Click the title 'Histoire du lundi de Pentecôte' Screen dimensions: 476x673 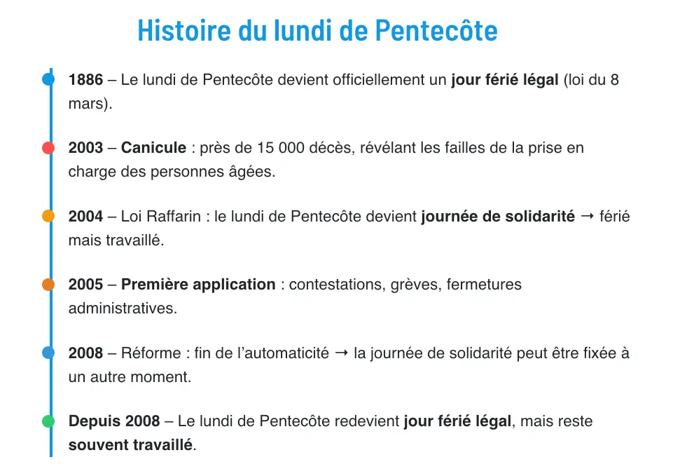[317, 31]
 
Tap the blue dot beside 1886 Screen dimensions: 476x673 [48, 80]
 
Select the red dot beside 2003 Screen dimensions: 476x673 [48, 148]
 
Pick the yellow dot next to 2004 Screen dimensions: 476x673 [48, 217]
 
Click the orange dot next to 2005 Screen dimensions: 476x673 [48, 285]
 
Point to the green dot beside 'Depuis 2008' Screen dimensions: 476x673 [48, 421]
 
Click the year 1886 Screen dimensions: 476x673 [85, 80]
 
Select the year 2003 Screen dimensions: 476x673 [85, 148]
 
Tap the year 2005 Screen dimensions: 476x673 [85, 285]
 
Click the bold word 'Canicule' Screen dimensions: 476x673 [153, 148]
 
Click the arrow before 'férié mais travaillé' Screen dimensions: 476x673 [588, 217]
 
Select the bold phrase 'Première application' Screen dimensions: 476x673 [198, 285]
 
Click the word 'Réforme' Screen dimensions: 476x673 [148, 353]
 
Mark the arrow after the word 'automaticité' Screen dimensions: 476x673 [342, 353]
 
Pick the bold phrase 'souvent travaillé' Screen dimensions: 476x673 [130, 445]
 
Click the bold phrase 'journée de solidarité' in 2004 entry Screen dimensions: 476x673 [497, 217]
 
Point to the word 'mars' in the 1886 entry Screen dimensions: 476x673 [88, 104]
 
